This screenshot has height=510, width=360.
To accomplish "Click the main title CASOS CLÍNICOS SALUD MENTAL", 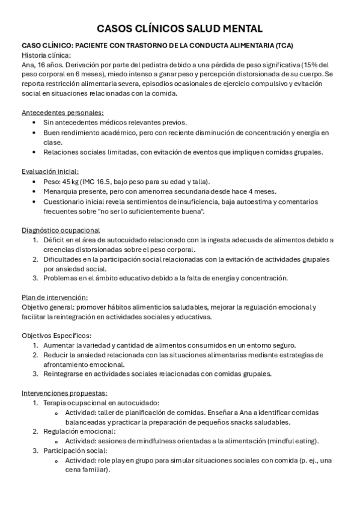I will point(180,28).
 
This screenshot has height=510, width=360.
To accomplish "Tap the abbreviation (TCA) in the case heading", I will point(285,45).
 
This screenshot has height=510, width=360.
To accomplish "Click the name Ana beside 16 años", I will point(28,64).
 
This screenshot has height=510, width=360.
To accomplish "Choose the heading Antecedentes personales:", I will point(63,112).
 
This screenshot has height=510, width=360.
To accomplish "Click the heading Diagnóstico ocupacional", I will point(61,230).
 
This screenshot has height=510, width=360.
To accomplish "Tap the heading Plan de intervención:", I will point(55,296).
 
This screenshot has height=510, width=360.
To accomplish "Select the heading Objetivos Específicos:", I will point(56,336).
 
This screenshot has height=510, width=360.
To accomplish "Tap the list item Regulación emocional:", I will point(79,432).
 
